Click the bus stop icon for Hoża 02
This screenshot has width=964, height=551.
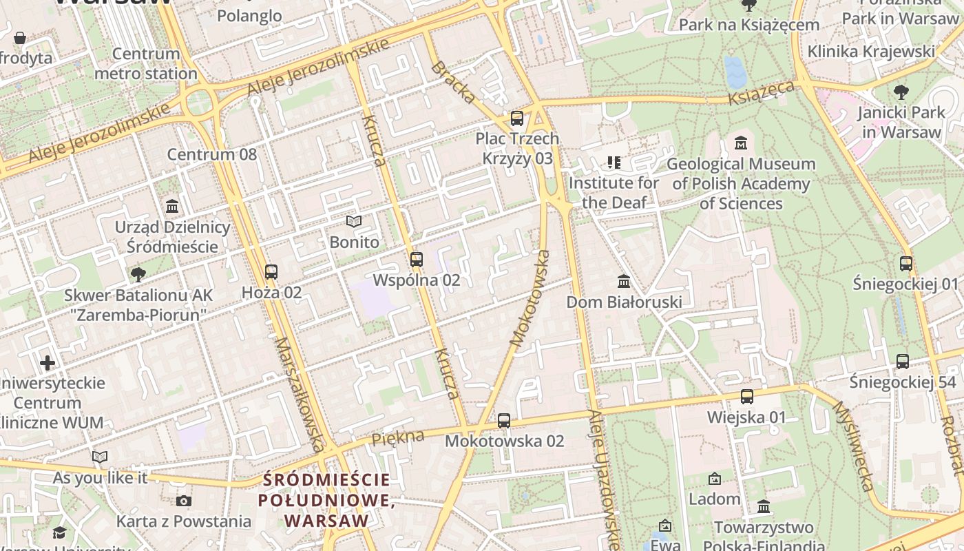(271, 271)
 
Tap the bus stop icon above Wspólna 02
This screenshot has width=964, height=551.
(416, 260)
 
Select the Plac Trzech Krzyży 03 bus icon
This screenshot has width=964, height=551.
(517, 118)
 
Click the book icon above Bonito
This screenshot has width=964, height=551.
(354, 222)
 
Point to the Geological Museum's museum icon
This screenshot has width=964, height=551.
(741, 143)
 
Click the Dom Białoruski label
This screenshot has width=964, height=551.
(624, 302)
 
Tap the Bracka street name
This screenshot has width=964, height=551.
(453, 82)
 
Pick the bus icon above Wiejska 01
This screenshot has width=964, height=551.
(747, 397)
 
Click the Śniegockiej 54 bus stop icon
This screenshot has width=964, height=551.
(902, 361)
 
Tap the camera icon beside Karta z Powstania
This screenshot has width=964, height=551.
(183, 501)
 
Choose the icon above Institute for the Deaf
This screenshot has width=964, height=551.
(614, 163)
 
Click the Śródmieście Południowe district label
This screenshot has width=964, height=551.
(326, 500)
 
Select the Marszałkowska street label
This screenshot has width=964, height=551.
(299, 394)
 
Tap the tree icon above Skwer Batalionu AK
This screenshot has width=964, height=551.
(138, 274)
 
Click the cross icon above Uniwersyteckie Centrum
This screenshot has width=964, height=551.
(48, 362)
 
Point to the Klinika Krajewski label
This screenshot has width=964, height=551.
(871, 52)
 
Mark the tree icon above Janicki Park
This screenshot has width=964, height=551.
(901, 92)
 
